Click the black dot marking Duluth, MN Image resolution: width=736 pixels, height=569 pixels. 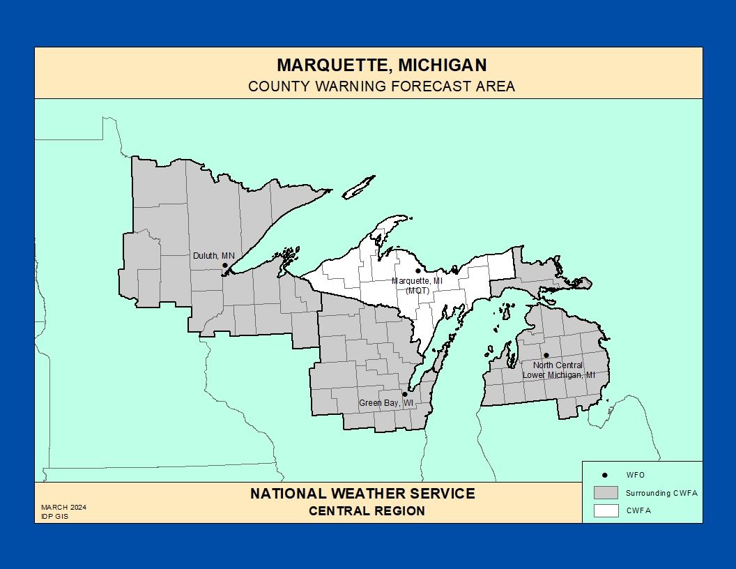pyautogui.click(x=225, y=265)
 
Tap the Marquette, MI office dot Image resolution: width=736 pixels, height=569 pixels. pyautogui.click(x=418, y=271)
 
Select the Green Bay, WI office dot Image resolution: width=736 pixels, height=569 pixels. pyautogui.click(x=405, y=394)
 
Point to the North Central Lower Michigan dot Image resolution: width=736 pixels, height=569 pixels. pyautogui.click(x=546, y=355)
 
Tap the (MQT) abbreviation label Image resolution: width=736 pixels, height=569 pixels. pyautogui.click(x=417, y=290)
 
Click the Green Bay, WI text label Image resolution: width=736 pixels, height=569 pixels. pyautogui.click(x=386, y=403)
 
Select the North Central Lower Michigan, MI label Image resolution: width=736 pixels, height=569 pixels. pyautogui.click(x=559, y=370)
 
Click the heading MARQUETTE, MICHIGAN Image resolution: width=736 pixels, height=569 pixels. pyautogui.click(x=381, y=66)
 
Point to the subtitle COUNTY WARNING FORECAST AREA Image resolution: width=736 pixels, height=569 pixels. pyautogui.click(x=381, y=86)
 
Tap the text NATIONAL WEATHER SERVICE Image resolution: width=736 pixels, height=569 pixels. pyautogui.click(x=362, y=494)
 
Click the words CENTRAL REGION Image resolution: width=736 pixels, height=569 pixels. pyautogui.click(x=367, y=511)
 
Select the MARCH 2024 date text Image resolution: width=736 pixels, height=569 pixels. pyautogui.click(x=63, y=507)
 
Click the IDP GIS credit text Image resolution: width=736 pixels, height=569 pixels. pyautogui.click(x=54, y=517)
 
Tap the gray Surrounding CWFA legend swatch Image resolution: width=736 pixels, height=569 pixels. pyautogui.click(x=606, y=492)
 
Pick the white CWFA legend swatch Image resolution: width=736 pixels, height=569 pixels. pyautogui.click(x=606, y=510)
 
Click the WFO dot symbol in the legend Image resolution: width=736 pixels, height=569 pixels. pyautogui.click(x=605, y=475)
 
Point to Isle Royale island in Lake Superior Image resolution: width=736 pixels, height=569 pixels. pyautogui.click(x=359, y=187)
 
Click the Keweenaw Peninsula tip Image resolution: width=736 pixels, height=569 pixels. pyautogui.click(x=404, y=218)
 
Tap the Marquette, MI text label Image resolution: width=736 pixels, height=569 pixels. pyautogui.click(x=417, y=281)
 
